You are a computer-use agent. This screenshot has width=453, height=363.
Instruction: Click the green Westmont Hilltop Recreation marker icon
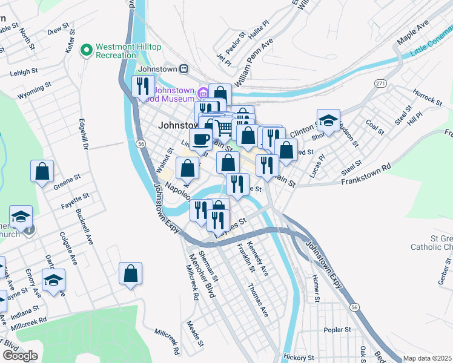(x=87, y=49)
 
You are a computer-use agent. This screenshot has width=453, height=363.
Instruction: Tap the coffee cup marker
(x=200, y=139)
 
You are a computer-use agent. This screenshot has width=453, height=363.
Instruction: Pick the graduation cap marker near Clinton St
(x=328, y=120)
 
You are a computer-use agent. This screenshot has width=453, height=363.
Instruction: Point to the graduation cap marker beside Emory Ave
(x=53, y=280)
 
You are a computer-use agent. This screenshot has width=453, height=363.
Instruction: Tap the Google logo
(x=20, y=356)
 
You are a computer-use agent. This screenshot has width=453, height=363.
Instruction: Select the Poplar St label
(x=337, y=330)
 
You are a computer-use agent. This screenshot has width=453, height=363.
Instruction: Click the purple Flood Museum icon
(x=203, y=93)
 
